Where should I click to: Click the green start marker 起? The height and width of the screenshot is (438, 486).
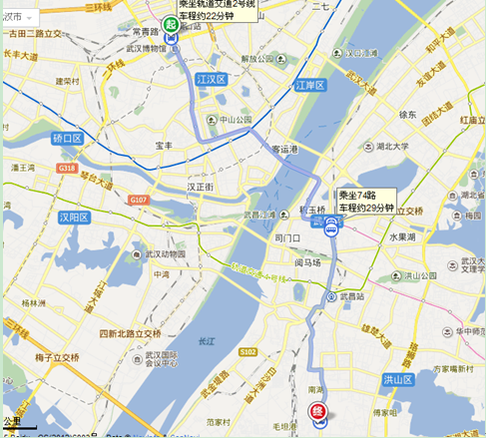(x=171, y=24)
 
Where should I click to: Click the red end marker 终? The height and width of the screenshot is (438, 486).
(x=318, y=410)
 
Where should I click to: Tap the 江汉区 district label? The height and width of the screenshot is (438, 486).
(x=213, y=78)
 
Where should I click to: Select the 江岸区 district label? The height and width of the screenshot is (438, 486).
(x=310, y=86)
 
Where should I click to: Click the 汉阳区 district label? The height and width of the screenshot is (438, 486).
(x=75, y=217)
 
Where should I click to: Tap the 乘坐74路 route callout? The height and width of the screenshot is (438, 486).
(x=366, y=201)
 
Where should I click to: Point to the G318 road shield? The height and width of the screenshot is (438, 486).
(x=68, y=168)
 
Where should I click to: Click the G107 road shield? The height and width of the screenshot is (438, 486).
(x=138, y=201)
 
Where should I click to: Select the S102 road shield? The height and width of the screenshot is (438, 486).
(x=248, y=350)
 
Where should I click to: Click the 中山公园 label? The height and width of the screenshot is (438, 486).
(x=236, y=121)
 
